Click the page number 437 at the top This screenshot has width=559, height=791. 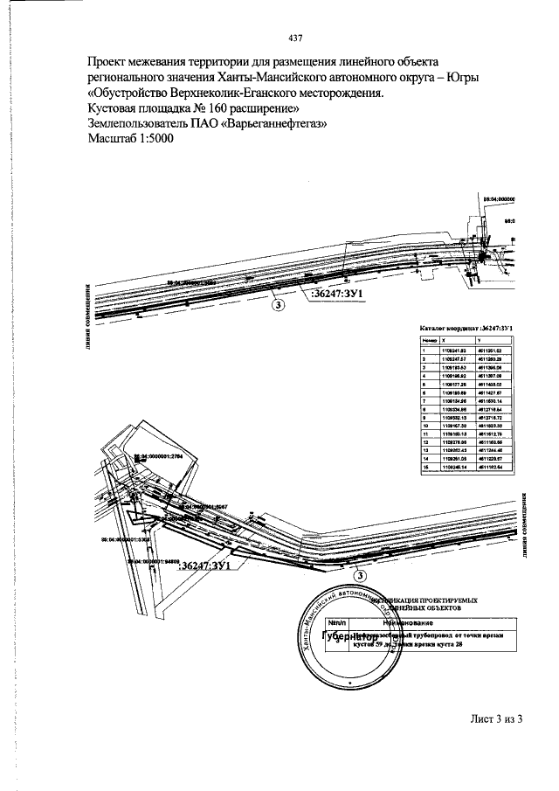coord(294,38)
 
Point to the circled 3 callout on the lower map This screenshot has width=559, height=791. coord(358,574)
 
